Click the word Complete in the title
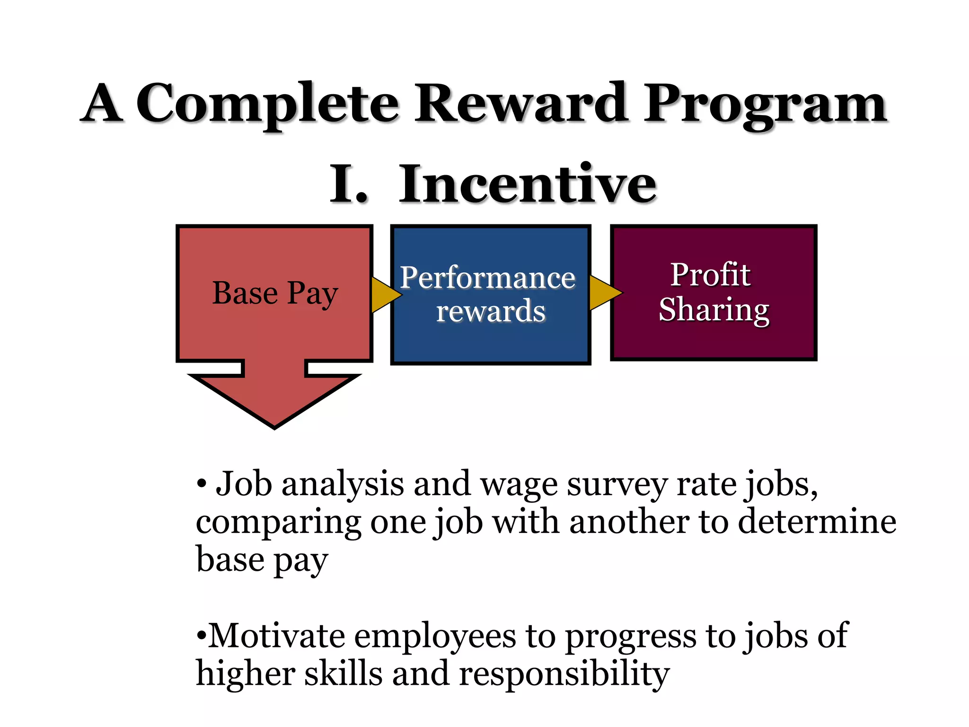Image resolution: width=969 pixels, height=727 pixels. coord(267,103)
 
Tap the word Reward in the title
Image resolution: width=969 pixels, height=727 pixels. coord(521,103)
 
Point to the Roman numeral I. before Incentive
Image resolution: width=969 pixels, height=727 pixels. coord(348,185)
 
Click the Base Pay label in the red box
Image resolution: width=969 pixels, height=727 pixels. coord(275,293)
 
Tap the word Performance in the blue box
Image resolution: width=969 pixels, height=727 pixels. coord(487,278)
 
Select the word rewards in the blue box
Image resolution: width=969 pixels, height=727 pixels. coord(491,311)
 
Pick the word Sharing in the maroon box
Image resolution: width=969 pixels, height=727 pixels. coord(714,310)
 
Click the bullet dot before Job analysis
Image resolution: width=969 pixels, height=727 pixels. coord(202,484)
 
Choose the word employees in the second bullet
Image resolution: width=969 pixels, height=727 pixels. coord(435,637)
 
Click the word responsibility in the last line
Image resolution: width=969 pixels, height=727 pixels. coord(564,674)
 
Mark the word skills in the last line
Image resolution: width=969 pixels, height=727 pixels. coord(343,674)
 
